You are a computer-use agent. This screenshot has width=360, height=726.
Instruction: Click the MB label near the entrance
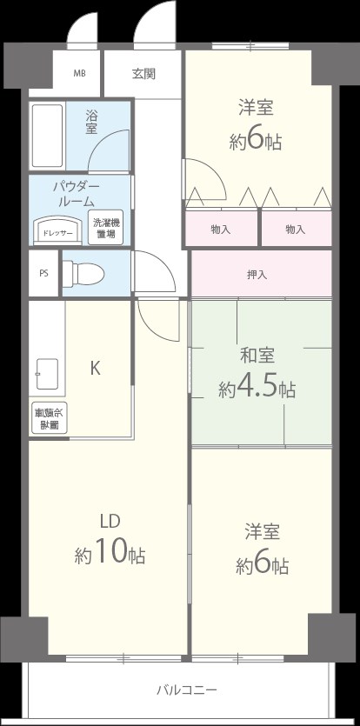(79, 74)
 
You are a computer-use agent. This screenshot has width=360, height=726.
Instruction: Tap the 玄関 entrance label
(143, 74)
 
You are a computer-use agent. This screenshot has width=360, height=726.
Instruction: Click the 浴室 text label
(91, 122)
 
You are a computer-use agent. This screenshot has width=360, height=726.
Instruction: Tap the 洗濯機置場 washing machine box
(106, 229)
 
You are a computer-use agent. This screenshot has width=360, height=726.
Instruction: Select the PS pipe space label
(43, 273)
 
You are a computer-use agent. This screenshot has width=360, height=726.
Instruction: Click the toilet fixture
(84, 273)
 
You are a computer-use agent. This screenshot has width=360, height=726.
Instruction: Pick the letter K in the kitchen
(95, 368)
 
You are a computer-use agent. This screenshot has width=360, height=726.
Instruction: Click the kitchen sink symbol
(47, 375)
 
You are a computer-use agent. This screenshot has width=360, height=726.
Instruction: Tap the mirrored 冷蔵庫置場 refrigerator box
(47, 419)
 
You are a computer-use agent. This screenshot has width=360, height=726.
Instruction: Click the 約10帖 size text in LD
(110, 552)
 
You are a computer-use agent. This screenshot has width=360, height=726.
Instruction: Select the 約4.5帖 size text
(257, 387)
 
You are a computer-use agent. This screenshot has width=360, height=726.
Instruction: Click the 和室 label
(257, 355)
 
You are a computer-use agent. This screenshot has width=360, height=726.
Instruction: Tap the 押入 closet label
(257, 275)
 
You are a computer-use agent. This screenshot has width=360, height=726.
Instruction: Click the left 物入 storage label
(221, 230)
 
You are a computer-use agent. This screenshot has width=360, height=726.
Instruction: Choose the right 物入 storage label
(296, 230)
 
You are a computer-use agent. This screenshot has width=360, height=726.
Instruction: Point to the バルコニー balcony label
(187, 690)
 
